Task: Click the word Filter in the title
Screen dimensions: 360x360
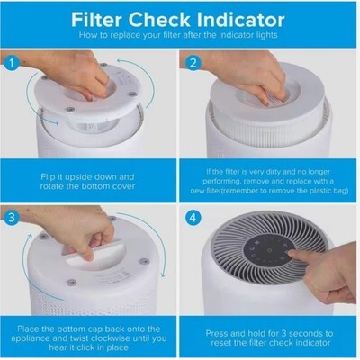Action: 97,20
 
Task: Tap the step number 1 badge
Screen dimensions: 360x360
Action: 12,64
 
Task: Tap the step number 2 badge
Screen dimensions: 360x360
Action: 193,64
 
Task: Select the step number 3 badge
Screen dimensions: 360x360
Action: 12,217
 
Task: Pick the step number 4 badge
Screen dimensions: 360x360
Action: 193,217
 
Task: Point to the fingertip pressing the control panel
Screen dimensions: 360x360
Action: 291,254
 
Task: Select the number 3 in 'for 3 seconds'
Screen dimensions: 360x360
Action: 283,333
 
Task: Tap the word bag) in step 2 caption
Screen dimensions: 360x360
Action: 340,191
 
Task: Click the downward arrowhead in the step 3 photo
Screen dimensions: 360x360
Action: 163,274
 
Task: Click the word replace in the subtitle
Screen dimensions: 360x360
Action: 125,35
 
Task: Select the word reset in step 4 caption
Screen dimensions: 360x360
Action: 221,343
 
